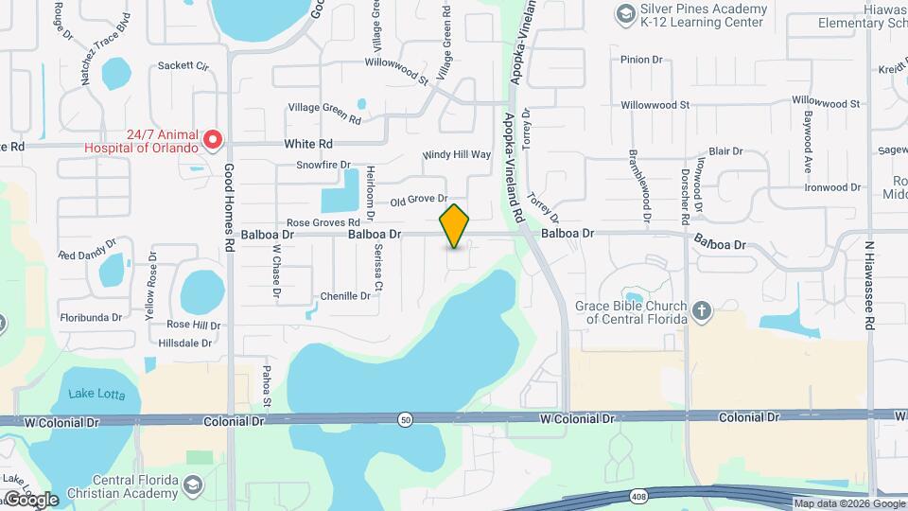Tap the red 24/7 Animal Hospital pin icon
click(x=213, y=140)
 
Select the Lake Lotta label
click(x=95, y=394)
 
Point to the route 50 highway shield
click(x=404, y=418)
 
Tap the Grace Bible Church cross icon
click(x=701, y=311)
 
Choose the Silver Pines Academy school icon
click(x=624, y=13)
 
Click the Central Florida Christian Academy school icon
click(x=193, y=485)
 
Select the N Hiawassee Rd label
click(x=868, y=284)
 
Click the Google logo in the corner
click(x=30, y=500)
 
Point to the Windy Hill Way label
click(x=457, y=154)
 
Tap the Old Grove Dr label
click(x=418, y=200)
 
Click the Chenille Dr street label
click(x=345, y=296)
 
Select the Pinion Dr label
click(x=641, y=60)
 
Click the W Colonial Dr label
click(x=577, y=417)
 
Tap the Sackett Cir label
click(x=183, y=66)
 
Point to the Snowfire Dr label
click(x=323, y=165)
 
